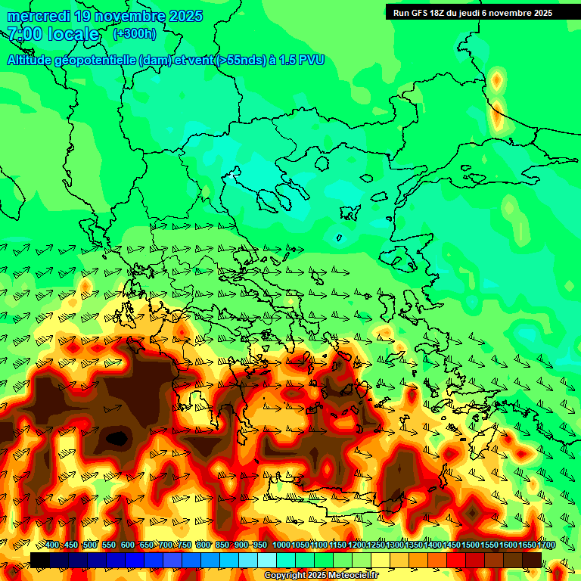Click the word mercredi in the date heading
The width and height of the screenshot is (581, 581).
(39, 16)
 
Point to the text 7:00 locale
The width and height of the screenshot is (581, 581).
(53, 34)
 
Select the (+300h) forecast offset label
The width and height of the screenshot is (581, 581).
(135, 33)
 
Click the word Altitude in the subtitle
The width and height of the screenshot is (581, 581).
(34, 61)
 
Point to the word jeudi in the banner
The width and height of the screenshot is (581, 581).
(478, 13)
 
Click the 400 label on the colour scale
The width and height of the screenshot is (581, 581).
(52, 545)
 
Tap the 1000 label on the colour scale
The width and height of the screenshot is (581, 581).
(281, 545)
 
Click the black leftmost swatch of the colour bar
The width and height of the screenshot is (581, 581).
(40, 560)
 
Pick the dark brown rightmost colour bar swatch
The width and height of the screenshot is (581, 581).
(532, 560)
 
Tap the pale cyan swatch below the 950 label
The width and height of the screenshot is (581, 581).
(266, 560)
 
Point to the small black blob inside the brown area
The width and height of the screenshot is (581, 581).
(117, 437)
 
